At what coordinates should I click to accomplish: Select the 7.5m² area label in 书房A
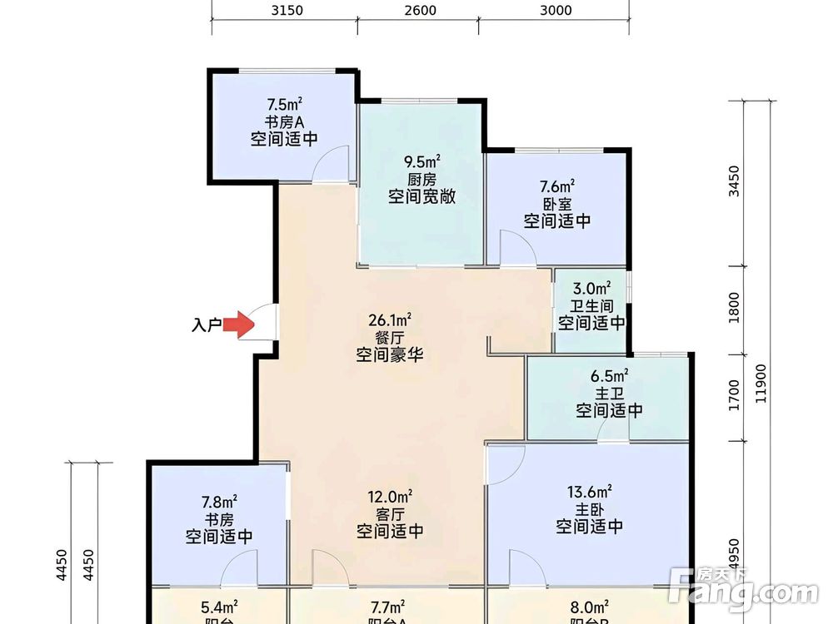[284, 105]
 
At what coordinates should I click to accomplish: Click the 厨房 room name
[421, 179]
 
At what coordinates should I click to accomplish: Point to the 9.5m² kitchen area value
[421, 161]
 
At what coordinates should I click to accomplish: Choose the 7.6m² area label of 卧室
[557, 186]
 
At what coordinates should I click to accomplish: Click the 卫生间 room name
[591, 306]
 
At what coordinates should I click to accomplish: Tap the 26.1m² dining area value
[390, 320]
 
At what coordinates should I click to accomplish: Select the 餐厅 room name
[390, 338]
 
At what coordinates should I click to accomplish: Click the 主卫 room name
[609, 393]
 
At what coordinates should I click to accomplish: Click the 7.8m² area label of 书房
[219, 502]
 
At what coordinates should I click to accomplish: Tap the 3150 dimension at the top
[287, 10]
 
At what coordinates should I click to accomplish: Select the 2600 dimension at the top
[420, 10]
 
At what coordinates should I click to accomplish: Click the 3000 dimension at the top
[556, 10]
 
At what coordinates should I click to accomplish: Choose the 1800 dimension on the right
[733, 310]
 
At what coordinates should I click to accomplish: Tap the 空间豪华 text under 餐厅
[390, 355]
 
